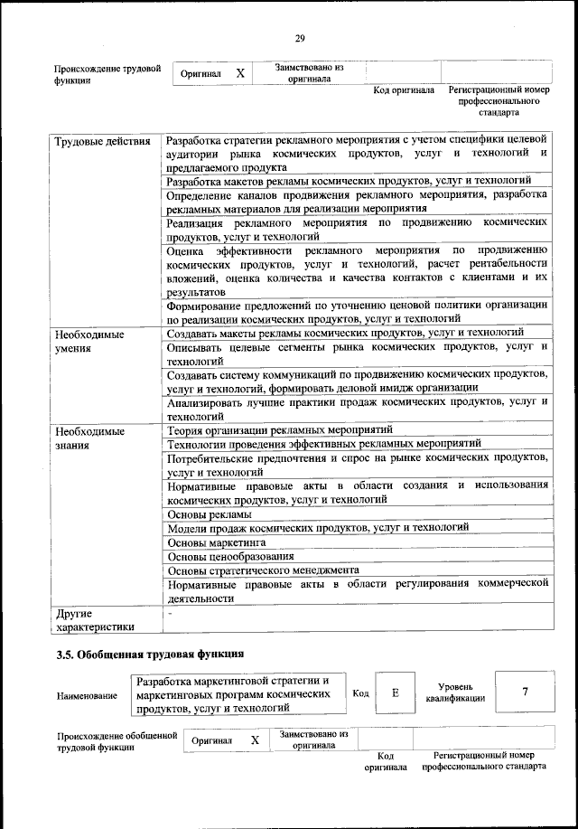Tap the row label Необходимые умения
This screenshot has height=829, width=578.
[x=90, y=341]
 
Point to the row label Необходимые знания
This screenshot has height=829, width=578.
[x=90, y=438]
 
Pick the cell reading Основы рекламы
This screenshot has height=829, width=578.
[x=210, y=513]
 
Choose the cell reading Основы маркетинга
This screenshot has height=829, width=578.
[x=219, y=542]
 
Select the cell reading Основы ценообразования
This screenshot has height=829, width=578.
[x=230, y=556]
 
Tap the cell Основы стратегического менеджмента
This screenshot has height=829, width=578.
[x=264, y=570]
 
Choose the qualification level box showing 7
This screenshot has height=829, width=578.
[x=525, y=692]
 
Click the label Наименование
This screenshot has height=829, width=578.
[x=87, y=695]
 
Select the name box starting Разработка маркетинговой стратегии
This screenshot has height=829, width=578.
[x=237, y=693]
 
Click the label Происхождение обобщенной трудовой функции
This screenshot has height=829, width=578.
[x=117, y=741]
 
